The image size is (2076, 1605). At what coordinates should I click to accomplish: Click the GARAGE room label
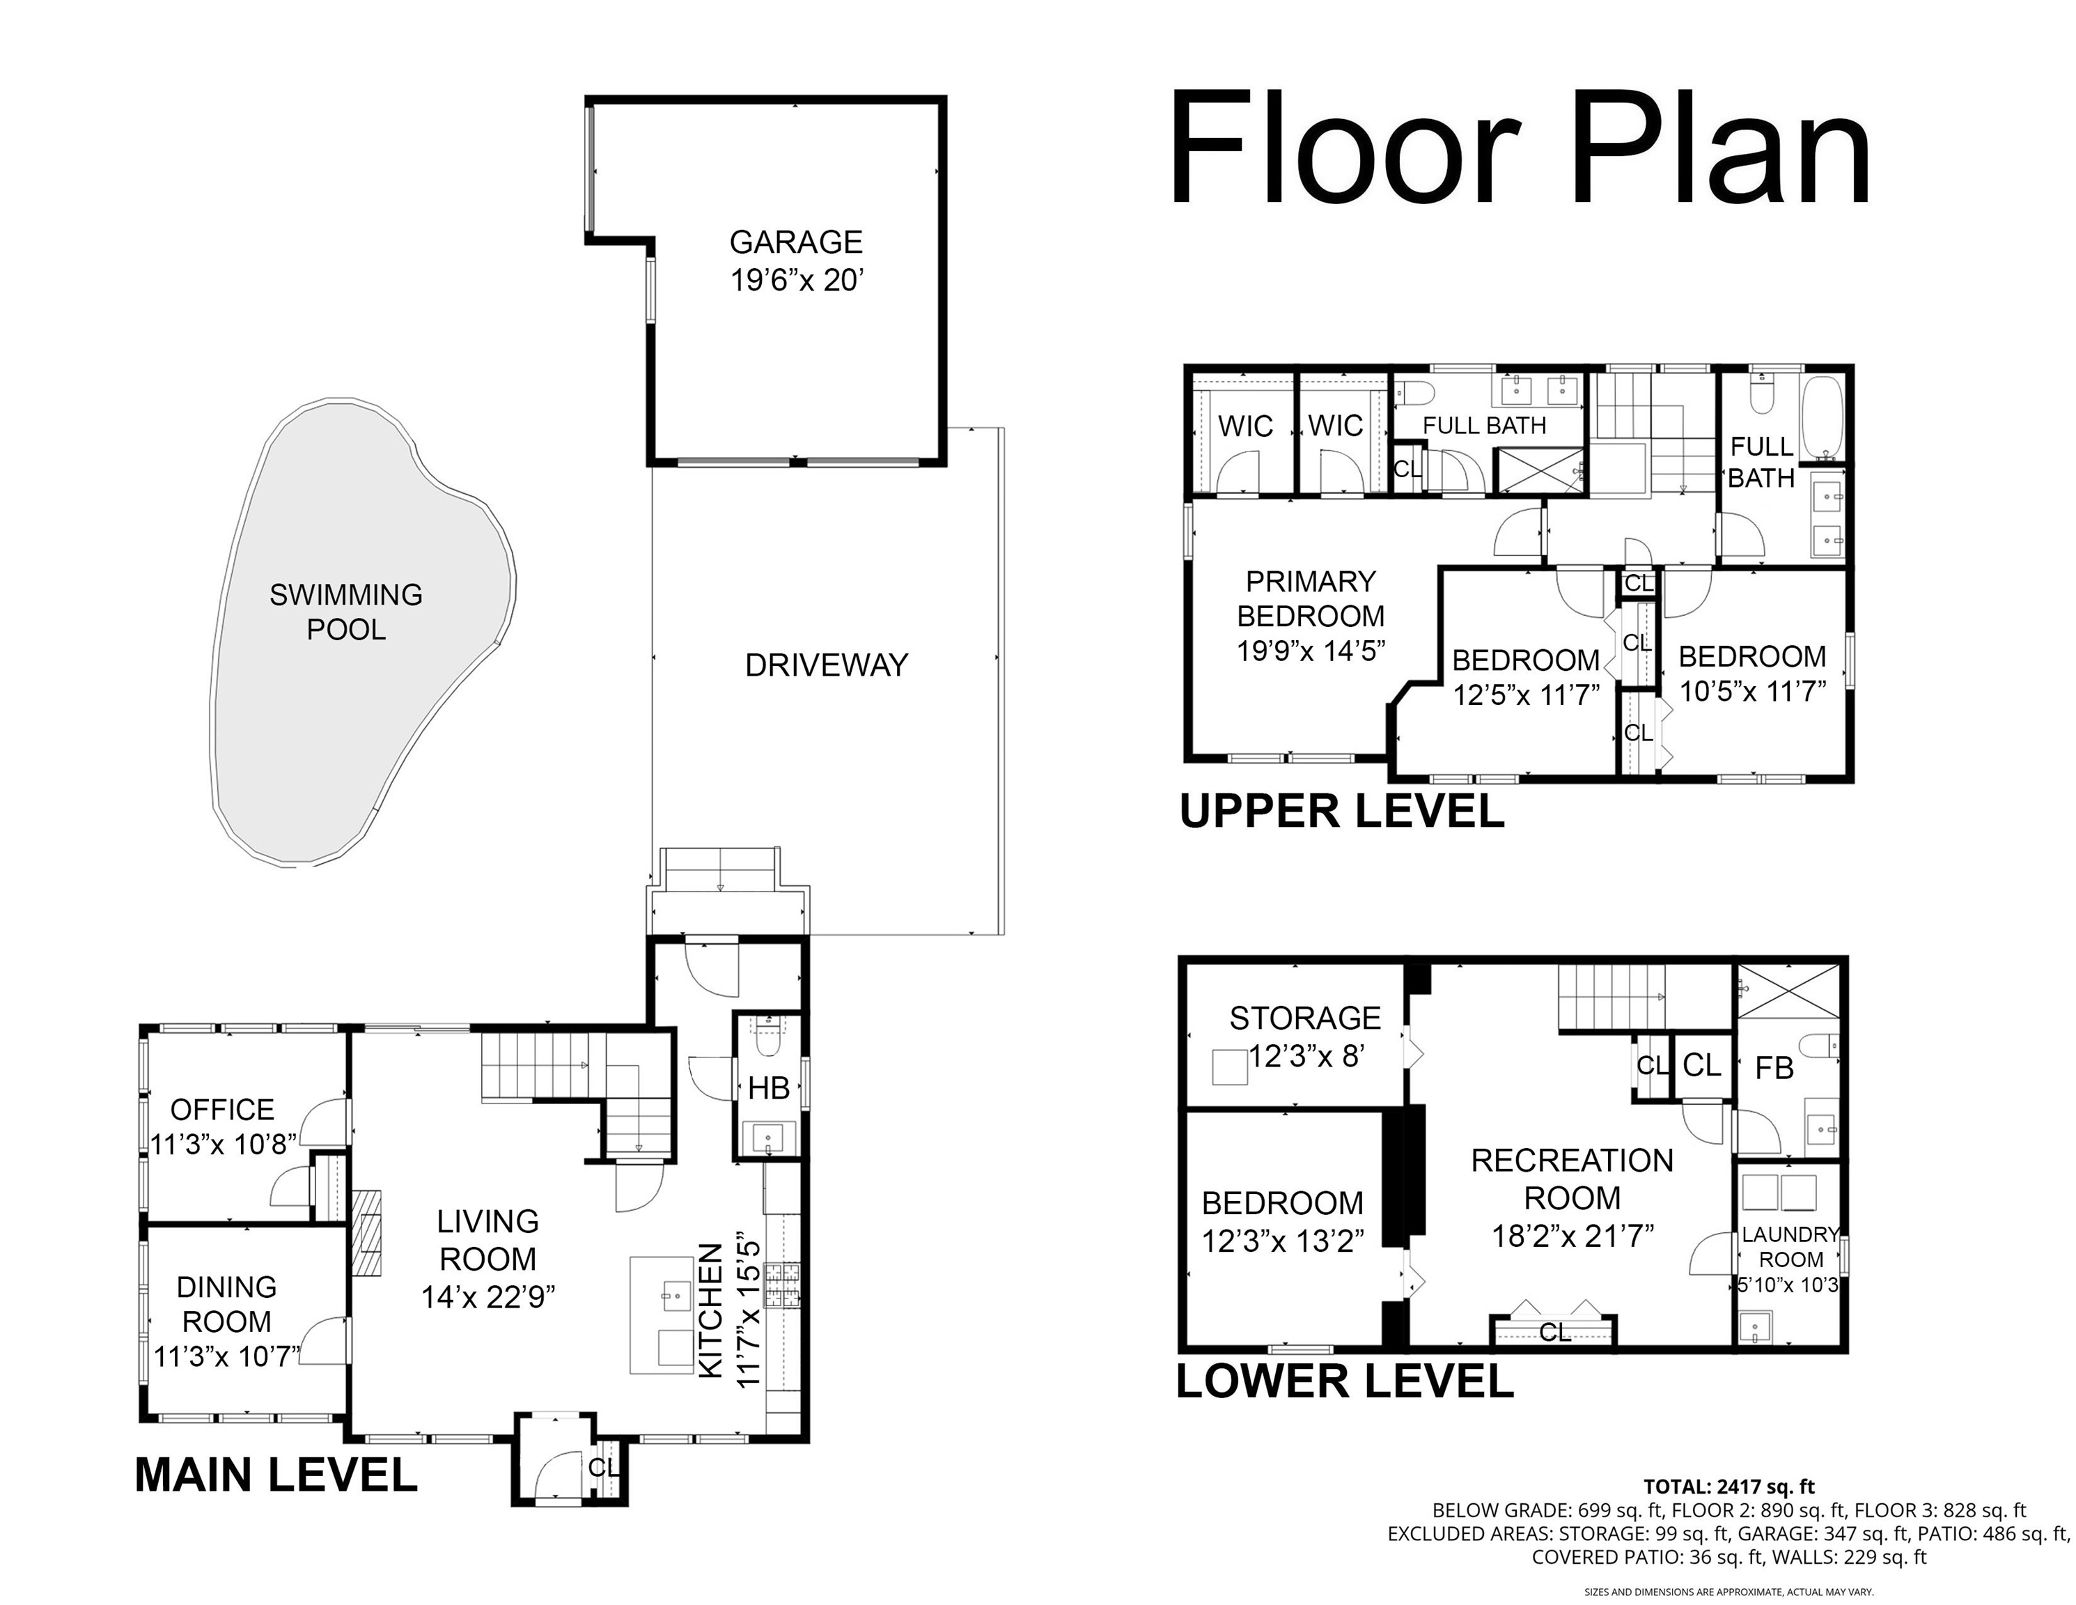795,242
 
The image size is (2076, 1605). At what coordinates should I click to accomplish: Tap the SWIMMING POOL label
346,612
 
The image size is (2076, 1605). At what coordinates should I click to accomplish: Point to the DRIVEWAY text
826,665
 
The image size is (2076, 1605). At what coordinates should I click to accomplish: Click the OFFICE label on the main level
222,1110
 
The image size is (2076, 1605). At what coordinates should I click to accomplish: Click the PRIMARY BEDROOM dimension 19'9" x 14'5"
1311,651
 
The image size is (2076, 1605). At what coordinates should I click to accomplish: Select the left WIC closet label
1245,426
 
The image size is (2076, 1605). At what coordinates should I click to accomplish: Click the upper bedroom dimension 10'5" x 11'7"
1753,691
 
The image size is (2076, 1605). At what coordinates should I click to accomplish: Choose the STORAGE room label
1305,1018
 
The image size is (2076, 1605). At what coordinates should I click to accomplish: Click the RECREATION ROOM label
1572,1179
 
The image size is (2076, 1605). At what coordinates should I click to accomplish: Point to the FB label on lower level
1774,1068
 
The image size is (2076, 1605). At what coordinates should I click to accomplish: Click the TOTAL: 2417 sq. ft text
1729,1486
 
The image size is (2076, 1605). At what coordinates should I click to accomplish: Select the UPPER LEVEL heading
1341,811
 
